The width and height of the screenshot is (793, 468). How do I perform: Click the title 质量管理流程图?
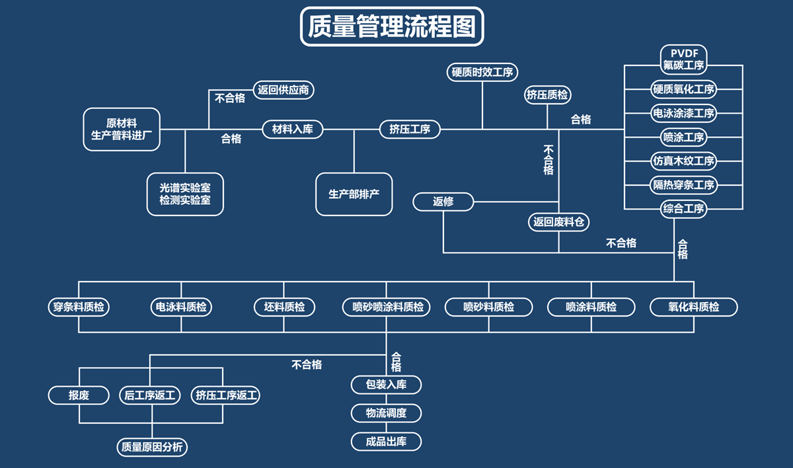392,27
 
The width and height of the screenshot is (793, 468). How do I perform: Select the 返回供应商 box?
283,90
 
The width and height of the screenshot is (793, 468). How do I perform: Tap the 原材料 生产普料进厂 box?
122,130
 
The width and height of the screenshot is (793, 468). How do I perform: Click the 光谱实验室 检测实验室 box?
185,194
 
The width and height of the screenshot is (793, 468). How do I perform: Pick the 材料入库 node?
293,129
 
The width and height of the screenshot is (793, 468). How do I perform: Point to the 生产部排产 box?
354,194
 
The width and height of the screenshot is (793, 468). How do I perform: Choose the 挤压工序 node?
410,129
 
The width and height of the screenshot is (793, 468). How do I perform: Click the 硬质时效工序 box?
482,73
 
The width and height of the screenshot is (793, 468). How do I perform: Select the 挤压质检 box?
547,95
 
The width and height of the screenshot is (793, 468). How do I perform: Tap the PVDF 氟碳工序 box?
684,59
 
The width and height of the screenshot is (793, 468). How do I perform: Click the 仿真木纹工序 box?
684,161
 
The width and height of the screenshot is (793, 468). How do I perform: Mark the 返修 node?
443,202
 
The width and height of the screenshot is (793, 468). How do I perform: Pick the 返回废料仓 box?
559,222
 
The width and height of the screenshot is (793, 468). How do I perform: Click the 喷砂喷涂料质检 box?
387,307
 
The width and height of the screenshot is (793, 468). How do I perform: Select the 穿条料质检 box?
79,307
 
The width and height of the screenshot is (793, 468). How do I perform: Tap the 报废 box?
79,395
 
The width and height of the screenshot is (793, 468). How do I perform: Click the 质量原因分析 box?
152,447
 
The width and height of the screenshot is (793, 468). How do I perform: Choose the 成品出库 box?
386,442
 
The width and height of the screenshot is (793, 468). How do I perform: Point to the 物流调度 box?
386,413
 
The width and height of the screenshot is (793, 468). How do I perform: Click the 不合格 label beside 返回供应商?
230,98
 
